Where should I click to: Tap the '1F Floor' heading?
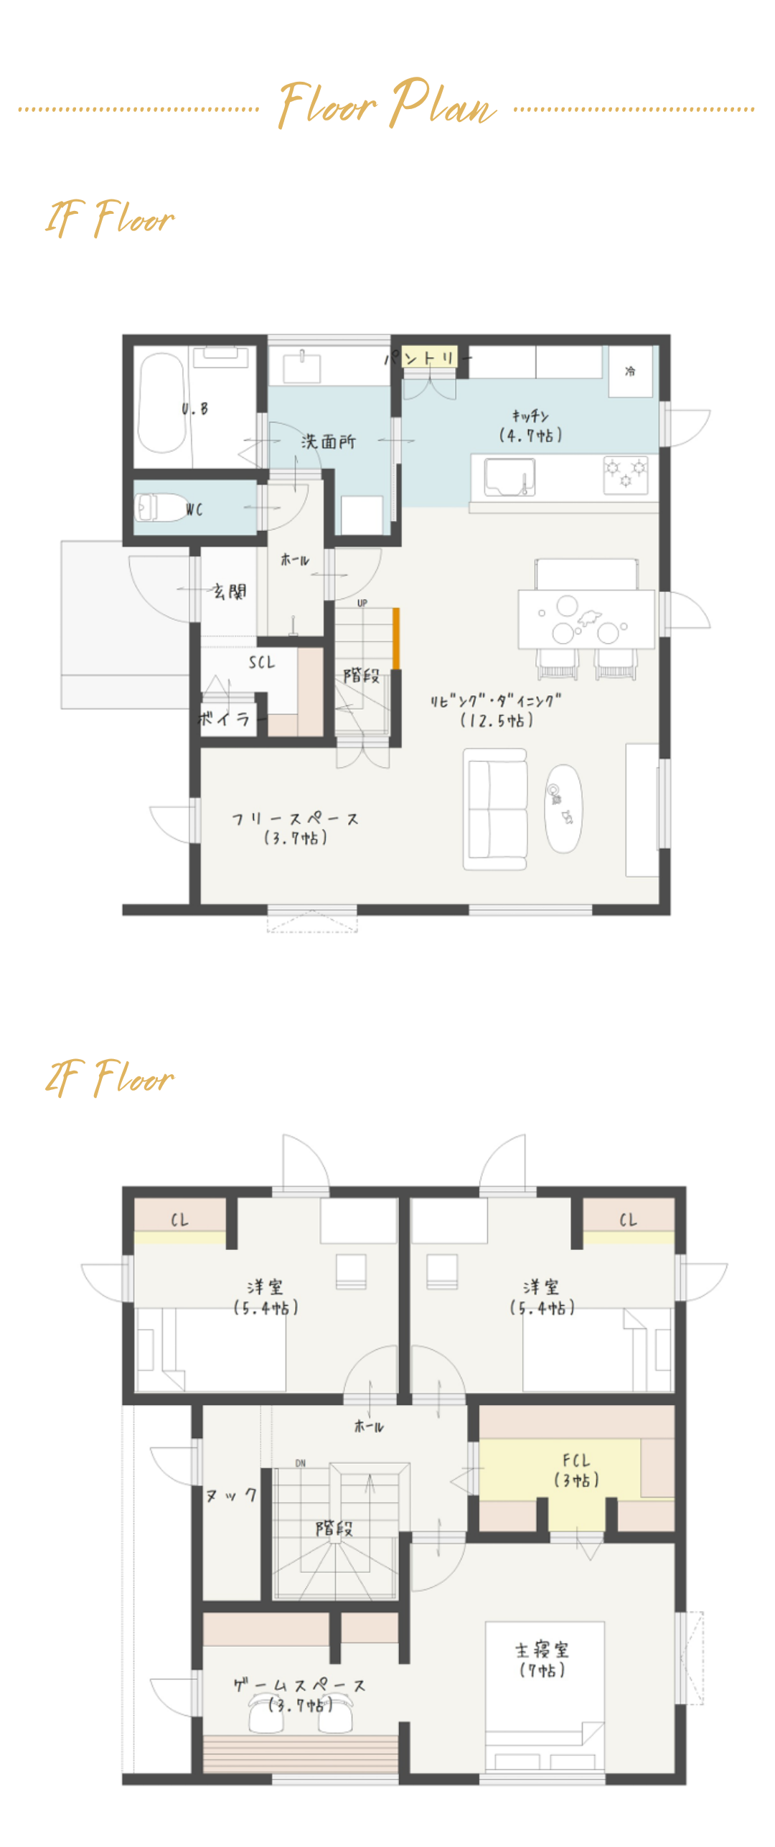pyautogui.click(x=110, y=218)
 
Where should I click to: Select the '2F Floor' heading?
pyautogui.click(x=110, y=1078)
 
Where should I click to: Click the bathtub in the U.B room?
pyautogui.click(x=162, y=404)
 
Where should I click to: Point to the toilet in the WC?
pyautogui.click(x=161, y=507)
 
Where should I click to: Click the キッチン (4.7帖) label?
pyautogui.click(x=530, y=426)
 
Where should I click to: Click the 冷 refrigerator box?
pyautogui.click(x=630, y=371)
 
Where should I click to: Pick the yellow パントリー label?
pyautogui.click(x=428, y=357)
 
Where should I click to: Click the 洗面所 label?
pyautogui.click(x=328, y=442)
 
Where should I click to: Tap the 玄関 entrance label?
pyautogui.click(x=230, y=591)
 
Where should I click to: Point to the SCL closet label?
pyautogui.click(x=262, y=662)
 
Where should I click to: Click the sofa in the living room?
pyautogui.click(x=495, y=809)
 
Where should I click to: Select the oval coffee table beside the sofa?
pyautogui.click(x=563, y=808)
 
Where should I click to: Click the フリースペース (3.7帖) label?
pyautogui.click(x=295, y=828)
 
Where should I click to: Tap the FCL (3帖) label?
pyautogui.click(x=576, y=1470)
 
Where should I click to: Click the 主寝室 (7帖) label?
pyautogui.click(x=542, y=1660)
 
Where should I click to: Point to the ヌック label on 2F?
pyautogui.click(x=231, y=1495)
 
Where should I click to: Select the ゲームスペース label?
pyautogui.click(x=300, y=1693)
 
